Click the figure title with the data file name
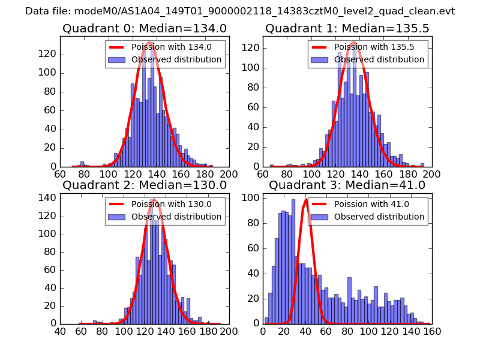[240, 11]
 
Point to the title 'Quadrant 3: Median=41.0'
[347, 185]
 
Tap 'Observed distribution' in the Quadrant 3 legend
[379, 216]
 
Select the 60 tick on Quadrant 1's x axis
[263, 174]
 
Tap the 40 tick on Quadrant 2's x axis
[60, 331]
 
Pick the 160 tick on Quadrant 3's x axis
[431, 331]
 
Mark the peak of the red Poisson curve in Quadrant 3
[306, 200]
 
